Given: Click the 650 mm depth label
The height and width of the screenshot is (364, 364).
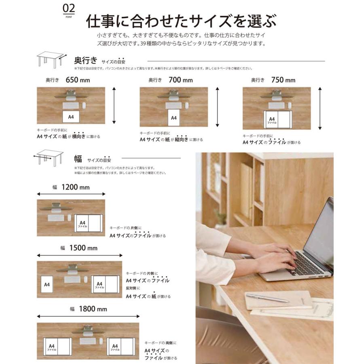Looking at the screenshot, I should point(78,80).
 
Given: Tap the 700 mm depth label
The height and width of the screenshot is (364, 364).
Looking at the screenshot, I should point(180,80).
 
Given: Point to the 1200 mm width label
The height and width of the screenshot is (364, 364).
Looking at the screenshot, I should point(75,187).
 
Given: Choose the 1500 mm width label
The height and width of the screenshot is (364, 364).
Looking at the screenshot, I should point(83,248).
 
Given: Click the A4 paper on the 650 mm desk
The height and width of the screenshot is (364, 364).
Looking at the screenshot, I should point(71,117).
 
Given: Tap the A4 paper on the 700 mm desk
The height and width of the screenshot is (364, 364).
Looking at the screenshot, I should point(174,119).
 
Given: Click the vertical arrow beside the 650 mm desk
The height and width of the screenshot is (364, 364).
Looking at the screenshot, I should point(114,105).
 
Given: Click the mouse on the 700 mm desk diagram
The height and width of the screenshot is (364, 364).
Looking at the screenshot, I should point(187,105).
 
